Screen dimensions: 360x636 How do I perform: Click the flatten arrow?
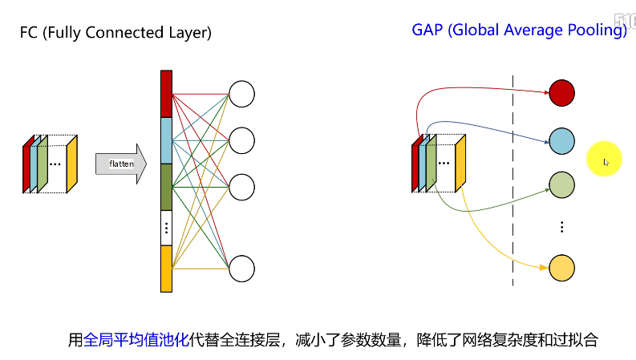click(x=120, y=164)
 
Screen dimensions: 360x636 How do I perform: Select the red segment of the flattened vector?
click(x=167, y=94)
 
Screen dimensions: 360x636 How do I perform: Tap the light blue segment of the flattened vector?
click(x=167, y=140)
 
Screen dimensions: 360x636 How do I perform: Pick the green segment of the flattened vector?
click(x=167, y=187)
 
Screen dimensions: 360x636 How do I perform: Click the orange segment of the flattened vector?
click(x=167, y=269)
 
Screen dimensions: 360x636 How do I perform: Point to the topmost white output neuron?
click(x=241, y=94)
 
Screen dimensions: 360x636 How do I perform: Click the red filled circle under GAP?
click(x=561, y=94)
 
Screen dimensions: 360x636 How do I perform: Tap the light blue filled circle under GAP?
click(x=561, y=140)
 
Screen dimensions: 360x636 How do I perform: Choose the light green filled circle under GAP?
click(x=561, y=186)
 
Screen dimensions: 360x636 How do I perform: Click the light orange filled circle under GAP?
click(x=561, y=268)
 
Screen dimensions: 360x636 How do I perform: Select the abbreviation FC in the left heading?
click(x=29, y=33)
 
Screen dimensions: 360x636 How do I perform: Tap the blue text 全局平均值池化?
click(x=136, y=340)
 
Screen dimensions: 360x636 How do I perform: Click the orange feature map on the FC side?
click(x=71, y=164)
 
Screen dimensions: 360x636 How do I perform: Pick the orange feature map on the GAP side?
click(x=460, y=164)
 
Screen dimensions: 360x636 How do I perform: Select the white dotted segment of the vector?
click(x=167, y=228)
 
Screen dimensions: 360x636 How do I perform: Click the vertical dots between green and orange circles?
click(x=561, y=227)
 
